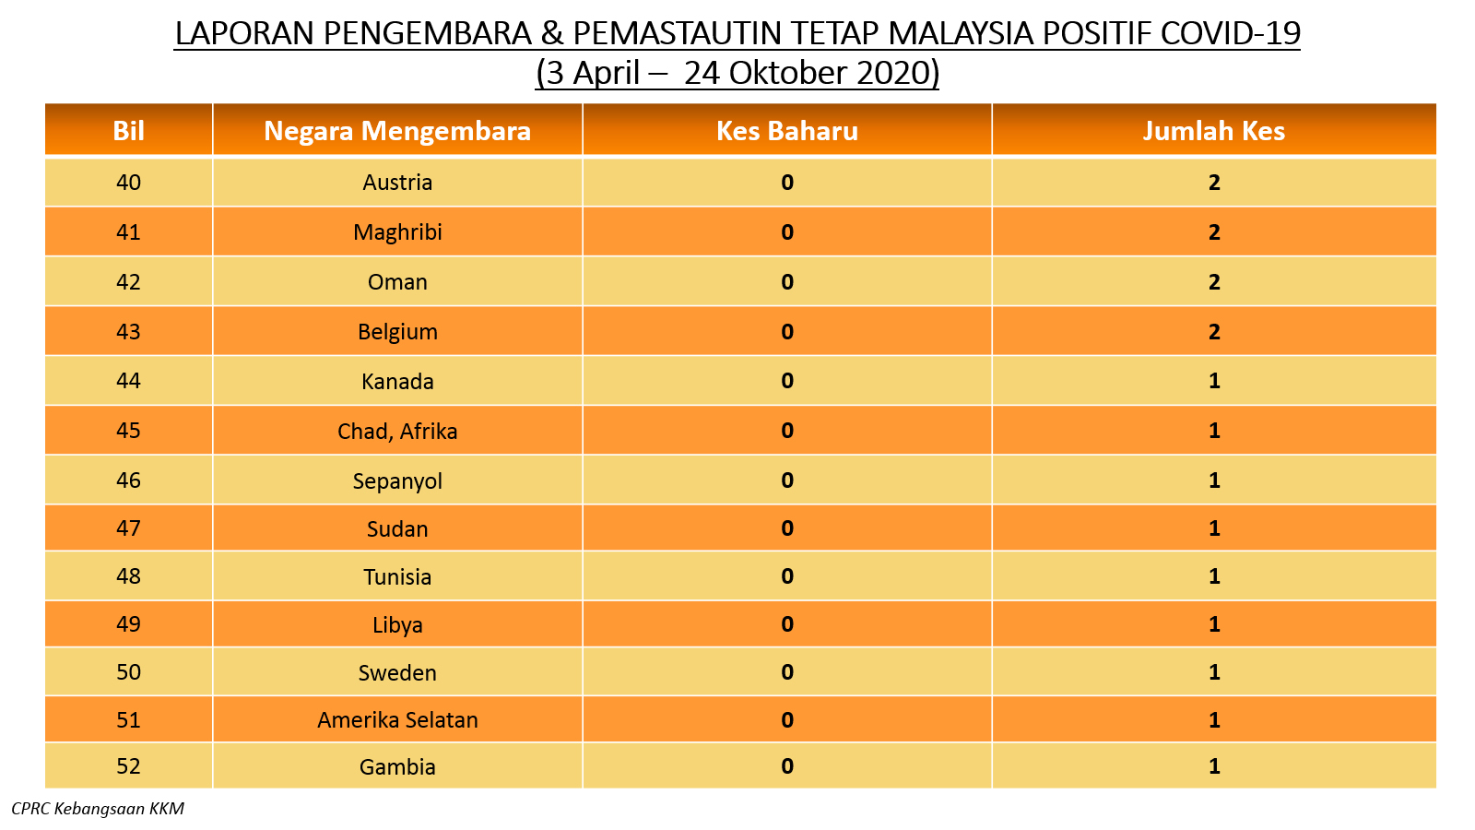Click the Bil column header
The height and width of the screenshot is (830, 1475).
128,130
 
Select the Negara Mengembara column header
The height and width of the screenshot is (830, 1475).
397,130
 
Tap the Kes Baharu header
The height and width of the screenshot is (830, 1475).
787,130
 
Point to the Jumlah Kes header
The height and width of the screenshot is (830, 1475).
1213,130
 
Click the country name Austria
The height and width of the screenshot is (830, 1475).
397,182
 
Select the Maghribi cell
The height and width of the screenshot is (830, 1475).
397,231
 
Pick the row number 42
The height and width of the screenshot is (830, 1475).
128,282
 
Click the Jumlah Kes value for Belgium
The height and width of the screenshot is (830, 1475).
1214,331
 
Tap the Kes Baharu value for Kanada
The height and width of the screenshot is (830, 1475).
787,381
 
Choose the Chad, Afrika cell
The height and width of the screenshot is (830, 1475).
397,431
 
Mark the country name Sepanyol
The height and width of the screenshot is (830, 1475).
397,480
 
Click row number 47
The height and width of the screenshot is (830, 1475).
128,528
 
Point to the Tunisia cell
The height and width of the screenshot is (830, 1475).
397,576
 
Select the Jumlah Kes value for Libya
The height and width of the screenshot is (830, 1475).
1214,623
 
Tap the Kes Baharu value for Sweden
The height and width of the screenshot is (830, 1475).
787,672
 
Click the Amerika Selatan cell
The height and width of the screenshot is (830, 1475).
397,720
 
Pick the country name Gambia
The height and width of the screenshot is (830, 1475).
397,766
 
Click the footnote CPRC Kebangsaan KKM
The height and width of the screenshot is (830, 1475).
98,809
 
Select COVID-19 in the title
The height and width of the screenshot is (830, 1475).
1230,33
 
